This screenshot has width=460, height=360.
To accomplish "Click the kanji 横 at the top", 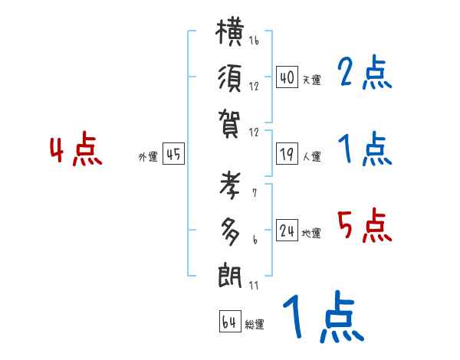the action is pyautogui.click(x=232, y=35).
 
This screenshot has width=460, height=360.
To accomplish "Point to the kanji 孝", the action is pyautogui.click(x=232, y=188).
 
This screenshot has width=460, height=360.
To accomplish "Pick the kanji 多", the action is pyautogui.click(x=231, y=230).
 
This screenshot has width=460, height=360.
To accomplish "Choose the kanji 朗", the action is pyautogui.click(x=232, y=273).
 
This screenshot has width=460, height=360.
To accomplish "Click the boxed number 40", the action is pyautogui.click(x=287, y=77).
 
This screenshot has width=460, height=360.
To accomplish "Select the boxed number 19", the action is pyautogui.click(x=287, y=155).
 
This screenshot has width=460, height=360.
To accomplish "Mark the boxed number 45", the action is pyautogui.click(x=173, y=155).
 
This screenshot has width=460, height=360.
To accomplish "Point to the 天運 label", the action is pyautogui.click(x=311, y=80).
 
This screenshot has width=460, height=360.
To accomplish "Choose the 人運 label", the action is pyautogui.click(x=311, y=157).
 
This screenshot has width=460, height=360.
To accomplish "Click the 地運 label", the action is pyautogui.click(x=311, y=234).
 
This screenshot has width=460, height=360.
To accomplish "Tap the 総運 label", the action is pyautogui.click(x=255, y=325).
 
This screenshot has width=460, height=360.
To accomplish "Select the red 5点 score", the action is pyautogui.click(x=364, y=226).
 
